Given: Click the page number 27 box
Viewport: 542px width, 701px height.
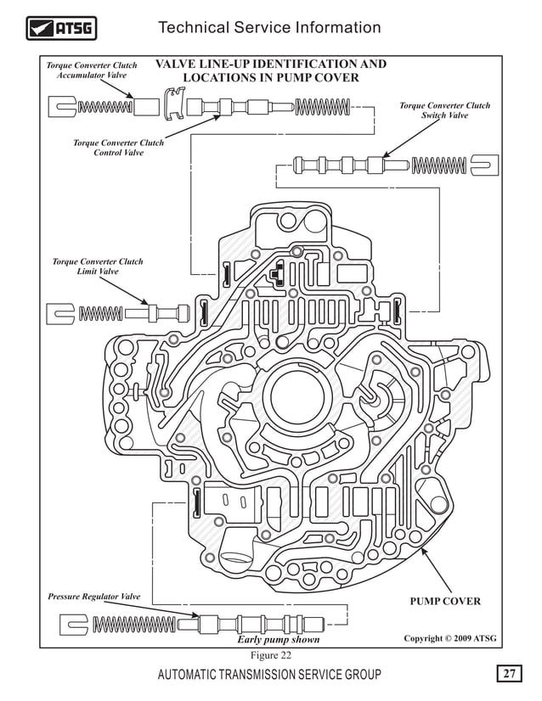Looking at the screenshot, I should click(x=509, y=675).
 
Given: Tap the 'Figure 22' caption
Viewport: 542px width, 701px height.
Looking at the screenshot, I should click(x=270, y=656).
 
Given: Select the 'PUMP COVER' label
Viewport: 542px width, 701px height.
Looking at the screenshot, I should click(x=445, y=602).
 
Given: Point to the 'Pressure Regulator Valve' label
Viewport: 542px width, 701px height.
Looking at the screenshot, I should click(x=93, y=597).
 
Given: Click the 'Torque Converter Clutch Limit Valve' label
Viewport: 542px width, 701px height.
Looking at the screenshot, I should click(x=98, y=266).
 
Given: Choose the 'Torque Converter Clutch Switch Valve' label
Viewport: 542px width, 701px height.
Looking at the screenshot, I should click(x=444, y=110).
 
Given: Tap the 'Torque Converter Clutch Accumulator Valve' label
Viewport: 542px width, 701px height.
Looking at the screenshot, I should click(x=92, y=70).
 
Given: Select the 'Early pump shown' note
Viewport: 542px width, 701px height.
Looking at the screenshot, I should click(x=278, y=640).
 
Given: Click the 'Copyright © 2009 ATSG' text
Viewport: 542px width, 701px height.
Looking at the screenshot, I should click(x=449, y=638).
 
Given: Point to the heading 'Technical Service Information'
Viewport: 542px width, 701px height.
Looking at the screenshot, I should click(x=269, y=28).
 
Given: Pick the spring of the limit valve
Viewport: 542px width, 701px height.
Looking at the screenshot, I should click(x=100, y=313).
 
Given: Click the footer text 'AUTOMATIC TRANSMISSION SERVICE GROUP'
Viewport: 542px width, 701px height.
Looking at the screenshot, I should click(x=269, y=675).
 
